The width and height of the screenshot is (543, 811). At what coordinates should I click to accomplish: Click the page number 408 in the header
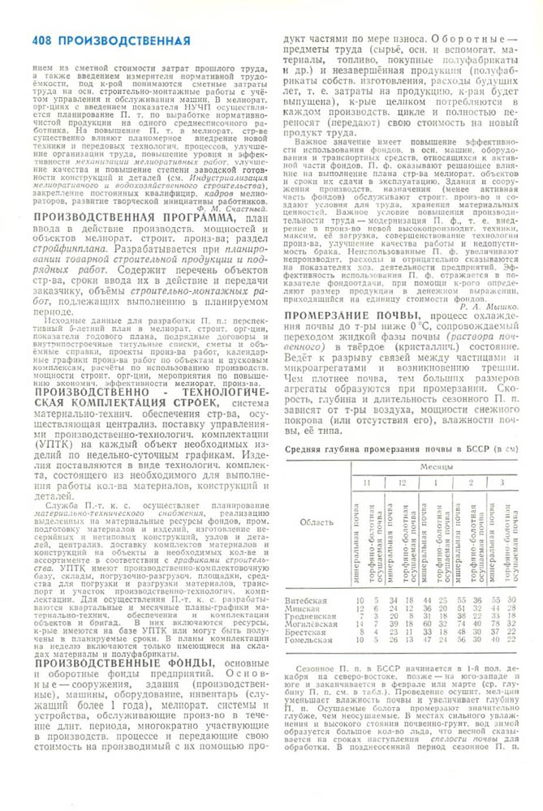coord(42,41)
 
